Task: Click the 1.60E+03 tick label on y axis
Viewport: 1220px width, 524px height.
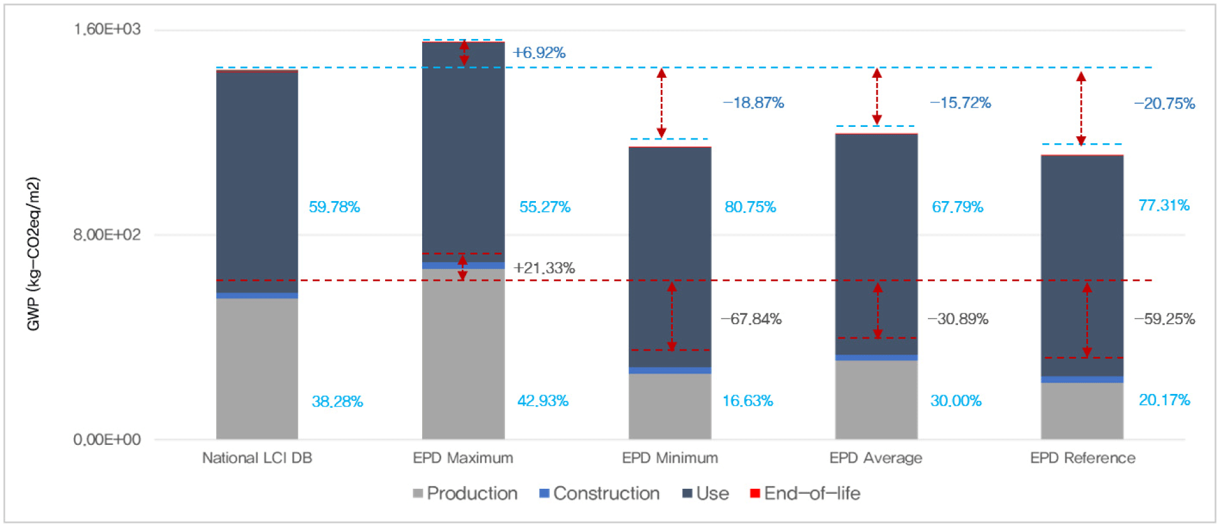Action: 107,30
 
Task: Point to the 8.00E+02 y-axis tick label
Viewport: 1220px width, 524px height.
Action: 107,235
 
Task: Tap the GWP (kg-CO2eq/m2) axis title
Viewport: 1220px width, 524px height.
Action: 33,254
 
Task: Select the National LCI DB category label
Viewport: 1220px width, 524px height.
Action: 257,458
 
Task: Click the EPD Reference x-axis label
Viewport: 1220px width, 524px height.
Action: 1082,458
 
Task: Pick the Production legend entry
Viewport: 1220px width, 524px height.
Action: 466,494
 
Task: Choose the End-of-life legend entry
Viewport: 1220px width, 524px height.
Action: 805,494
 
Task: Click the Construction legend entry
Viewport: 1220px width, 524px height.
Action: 600,494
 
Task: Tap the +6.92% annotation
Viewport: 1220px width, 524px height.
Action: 539,53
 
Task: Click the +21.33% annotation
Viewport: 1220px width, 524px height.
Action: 544,268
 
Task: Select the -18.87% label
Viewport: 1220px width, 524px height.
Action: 753,103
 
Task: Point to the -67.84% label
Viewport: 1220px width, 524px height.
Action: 751,319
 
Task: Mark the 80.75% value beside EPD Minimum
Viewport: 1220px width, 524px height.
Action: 750,207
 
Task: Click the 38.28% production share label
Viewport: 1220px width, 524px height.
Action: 337,401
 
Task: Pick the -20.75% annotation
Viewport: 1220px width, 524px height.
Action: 1164,104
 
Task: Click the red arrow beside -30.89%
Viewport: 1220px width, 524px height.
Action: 878,311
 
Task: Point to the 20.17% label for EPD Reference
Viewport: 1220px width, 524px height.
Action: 1164,400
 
